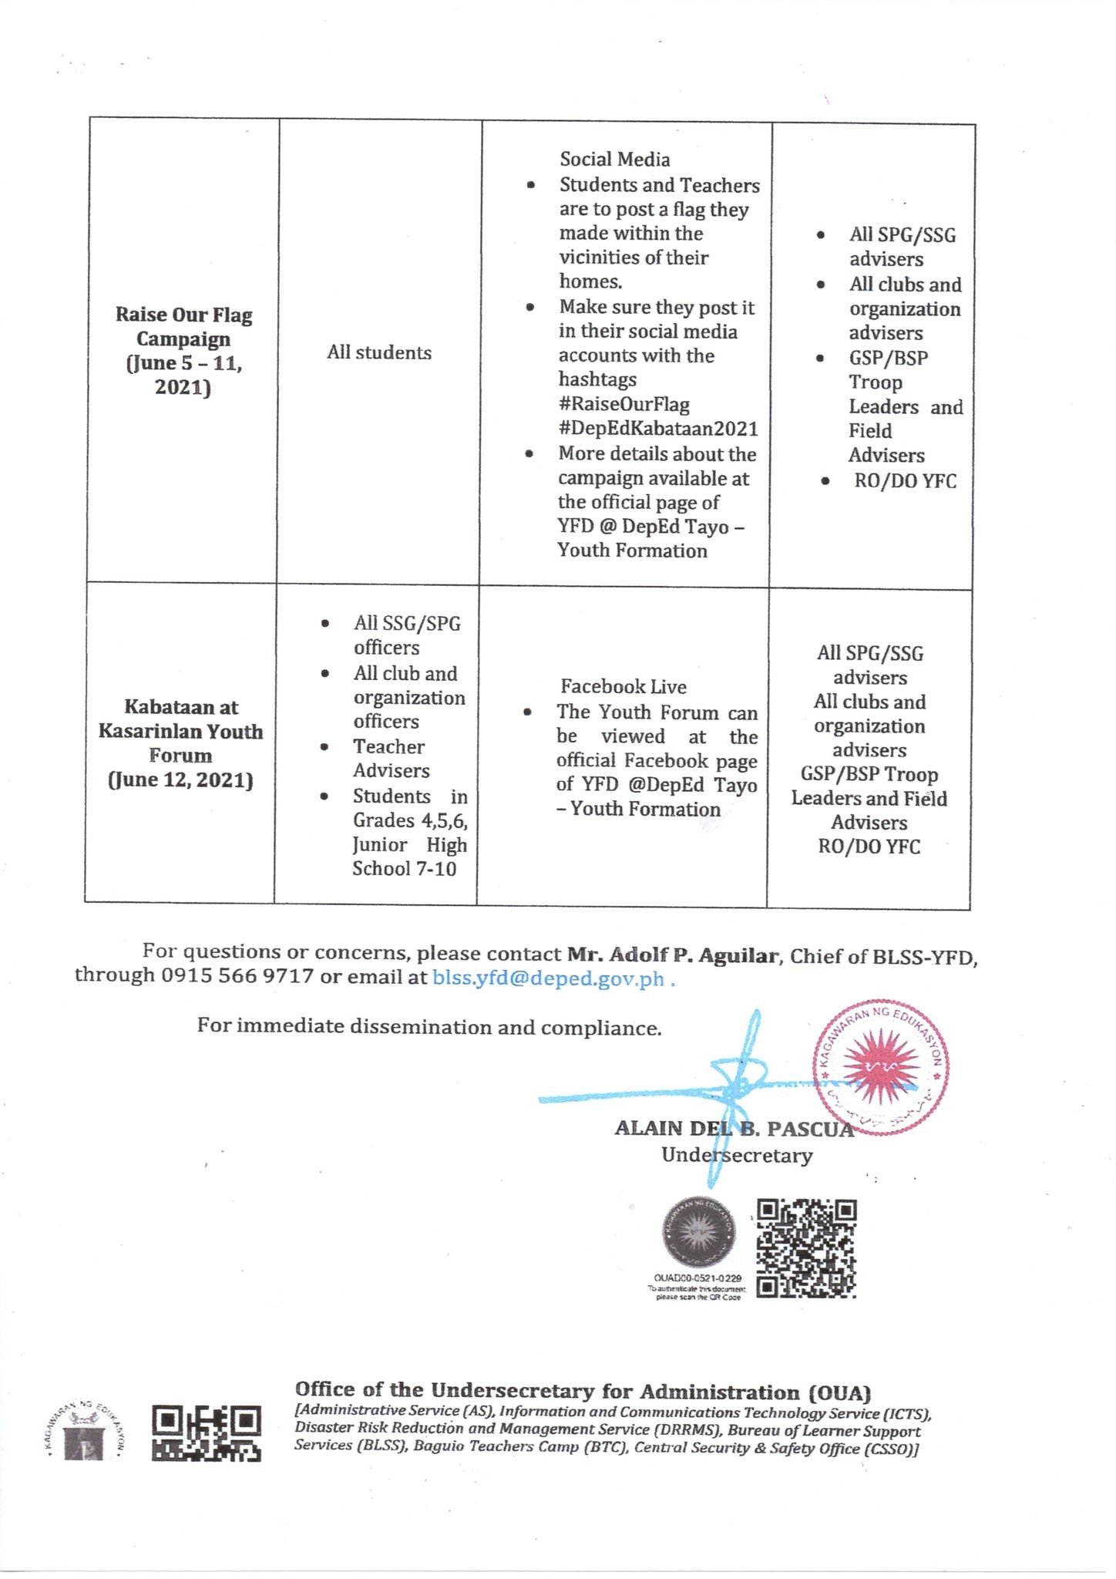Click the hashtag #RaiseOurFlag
click(624, 405)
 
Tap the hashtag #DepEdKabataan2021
click(658, 429)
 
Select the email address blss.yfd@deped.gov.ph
click(548, 978)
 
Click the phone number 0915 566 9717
click(237, 976)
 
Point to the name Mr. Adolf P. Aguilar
click(673, 955)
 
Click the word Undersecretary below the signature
click(737, 1156)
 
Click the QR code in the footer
click(207, 1433)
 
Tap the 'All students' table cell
click(379, 353)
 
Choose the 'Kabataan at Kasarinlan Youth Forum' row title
click(180, 731)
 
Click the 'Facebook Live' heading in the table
click(623, 686)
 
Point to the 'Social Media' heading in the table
click(614, 160)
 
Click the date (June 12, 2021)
click(180, 780)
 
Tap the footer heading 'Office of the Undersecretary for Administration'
click(583, 1392)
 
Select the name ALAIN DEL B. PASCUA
click(734, 1129)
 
